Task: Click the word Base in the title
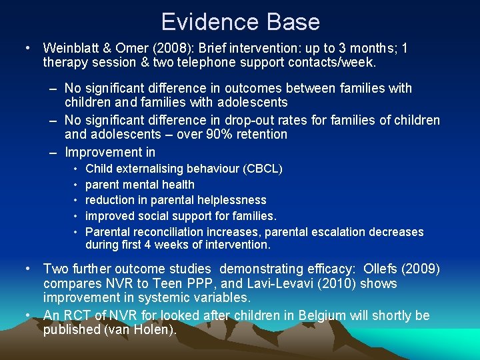[290, 22]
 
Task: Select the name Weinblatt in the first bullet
[73, 48]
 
